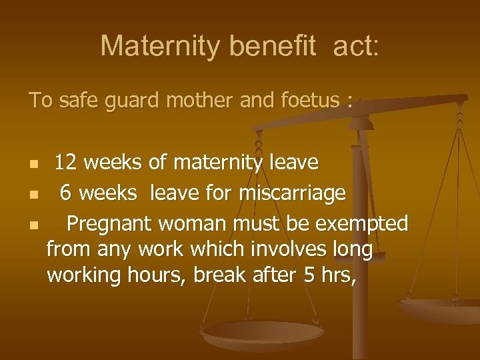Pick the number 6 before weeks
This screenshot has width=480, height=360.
[x=65, y=193]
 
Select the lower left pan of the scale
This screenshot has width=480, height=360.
[x=263, y=333]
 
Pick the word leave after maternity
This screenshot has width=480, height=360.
[x=294, y=162]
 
